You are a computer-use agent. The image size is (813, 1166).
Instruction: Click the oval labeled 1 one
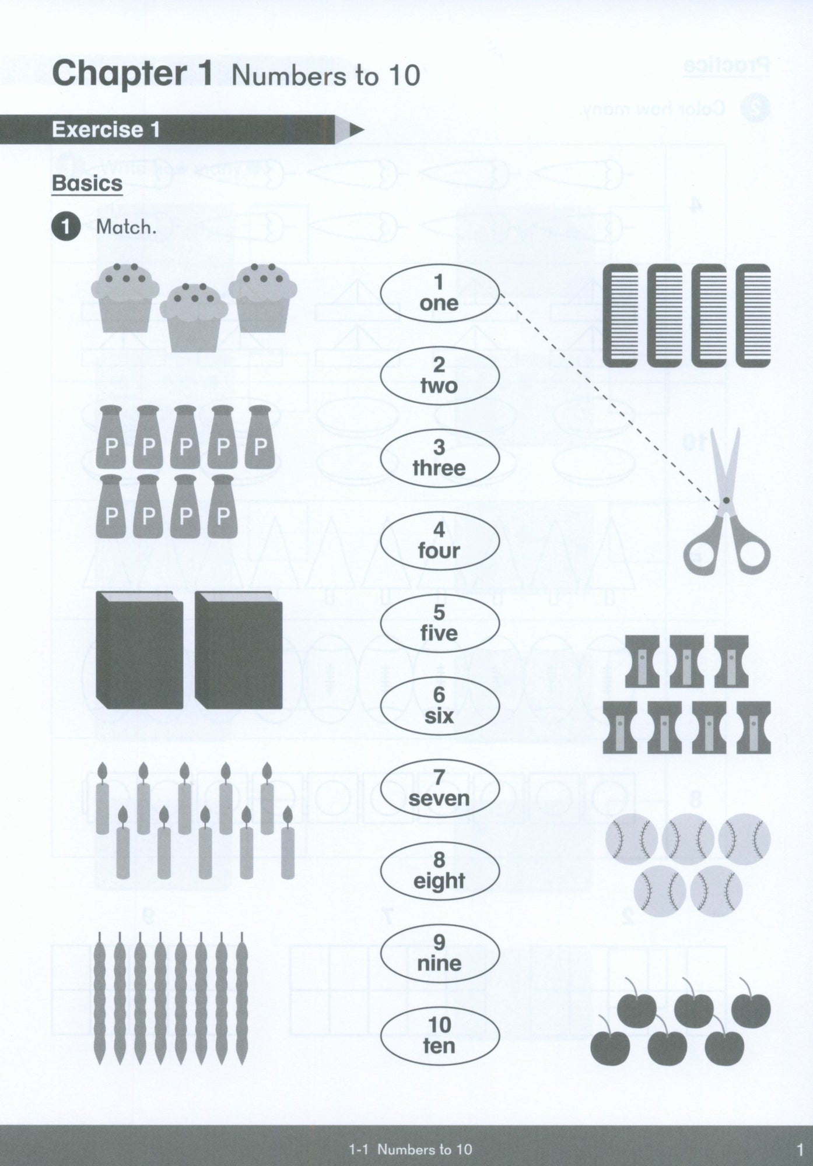[440, 293]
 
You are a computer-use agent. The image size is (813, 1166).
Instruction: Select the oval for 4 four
[440, 541]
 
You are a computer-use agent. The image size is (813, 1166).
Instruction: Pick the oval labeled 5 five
[440, 623]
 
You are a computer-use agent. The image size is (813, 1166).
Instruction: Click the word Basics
[87, 184]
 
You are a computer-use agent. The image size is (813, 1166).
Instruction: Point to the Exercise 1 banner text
[106, 129]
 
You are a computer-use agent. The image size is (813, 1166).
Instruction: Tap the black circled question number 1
[65, 227]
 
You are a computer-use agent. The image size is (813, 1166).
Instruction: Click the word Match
[126, 227]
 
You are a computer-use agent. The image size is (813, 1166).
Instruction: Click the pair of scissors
[726, 501]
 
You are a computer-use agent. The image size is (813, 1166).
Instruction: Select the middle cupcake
[194, 314]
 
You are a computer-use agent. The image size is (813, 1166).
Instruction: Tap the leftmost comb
[622, 315]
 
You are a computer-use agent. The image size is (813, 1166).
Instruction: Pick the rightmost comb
[753, 315]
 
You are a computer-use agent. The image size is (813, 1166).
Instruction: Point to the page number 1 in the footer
[799, 1150]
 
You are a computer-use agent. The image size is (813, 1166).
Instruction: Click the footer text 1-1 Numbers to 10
[410, 1150]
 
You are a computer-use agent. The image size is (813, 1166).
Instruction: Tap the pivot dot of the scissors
[726, 500]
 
